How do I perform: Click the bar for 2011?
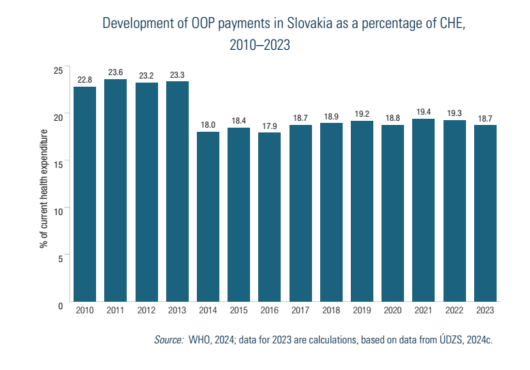click(115, 190)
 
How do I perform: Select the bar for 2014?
click(208, 216)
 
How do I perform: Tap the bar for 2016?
click(270, 217)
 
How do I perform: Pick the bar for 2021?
click(424, 210)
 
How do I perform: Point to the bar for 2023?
click(486, 213)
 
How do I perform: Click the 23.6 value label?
click(115, 73)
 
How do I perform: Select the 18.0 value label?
click(208, 126)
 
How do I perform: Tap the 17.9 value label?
click(270, 126)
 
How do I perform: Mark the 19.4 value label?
click(424, 112)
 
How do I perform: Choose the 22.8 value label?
click(84, 81)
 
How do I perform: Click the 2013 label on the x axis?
click(177, 311)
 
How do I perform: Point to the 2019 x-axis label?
click(362, 311)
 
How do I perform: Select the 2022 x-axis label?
click(454, 311)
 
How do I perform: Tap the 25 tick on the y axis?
click(58, 71)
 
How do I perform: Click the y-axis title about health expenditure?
click(44, 188)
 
